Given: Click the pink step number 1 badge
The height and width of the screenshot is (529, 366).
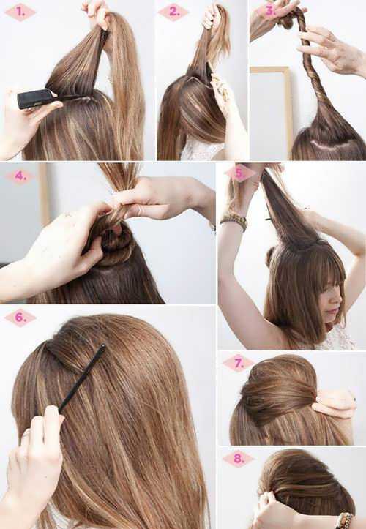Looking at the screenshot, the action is pos(20,12).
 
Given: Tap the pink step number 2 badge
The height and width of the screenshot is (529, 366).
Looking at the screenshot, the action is pos(173,12).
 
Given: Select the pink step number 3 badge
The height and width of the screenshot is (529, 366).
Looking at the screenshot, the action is pos(270,11).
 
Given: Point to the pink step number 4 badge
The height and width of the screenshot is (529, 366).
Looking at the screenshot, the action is pos(20,176).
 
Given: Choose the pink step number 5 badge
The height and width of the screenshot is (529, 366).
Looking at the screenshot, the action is pos(240,173).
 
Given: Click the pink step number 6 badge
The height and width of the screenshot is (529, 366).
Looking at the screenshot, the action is pos(20,318).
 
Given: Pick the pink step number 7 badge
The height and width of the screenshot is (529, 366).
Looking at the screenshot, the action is pos(239,364).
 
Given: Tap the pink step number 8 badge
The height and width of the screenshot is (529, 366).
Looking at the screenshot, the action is pos(239,459).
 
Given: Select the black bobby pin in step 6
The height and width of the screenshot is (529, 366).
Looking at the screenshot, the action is pos(82,378).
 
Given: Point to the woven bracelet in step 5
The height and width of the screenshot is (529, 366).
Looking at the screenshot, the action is pos(234,221).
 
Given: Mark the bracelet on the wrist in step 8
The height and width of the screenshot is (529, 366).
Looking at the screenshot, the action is pos(344,519).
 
